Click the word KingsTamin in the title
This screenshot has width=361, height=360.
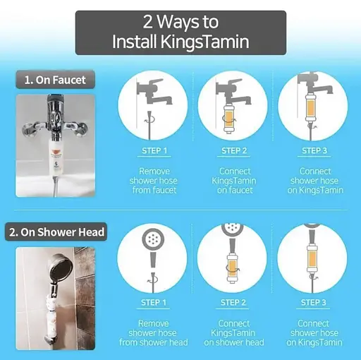point(204,42)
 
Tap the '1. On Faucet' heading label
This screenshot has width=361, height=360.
point(55,80)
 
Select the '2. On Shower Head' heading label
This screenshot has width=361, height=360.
point(56,232)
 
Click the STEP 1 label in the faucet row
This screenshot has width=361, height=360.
point(154,150)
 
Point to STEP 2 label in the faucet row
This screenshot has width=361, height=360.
point(234,150)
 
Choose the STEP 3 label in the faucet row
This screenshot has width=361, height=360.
point(314,150)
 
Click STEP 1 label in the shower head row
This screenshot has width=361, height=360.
point(154,303)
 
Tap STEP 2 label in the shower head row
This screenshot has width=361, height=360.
point(233,303)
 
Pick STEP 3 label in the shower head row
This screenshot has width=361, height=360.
point(314,303)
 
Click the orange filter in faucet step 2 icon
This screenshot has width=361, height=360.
point(228,119)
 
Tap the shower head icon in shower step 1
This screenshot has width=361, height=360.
point(153,239)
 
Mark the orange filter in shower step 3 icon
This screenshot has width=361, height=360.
point(312,258)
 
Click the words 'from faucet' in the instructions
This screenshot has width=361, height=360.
point(154,190)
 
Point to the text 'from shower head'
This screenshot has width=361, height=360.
point(154,342)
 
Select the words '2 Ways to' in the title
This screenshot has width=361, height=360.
point(180,22)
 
